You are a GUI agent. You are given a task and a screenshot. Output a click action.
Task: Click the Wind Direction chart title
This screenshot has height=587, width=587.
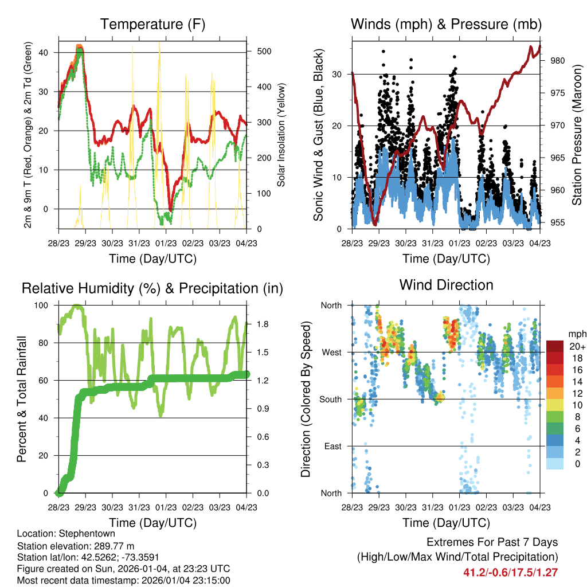click(x=446, y=285)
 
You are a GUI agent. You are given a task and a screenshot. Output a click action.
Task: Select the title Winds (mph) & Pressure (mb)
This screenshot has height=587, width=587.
click(x=446, y=25)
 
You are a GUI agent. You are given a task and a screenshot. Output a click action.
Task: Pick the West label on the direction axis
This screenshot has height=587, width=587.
click(x=331, y=352)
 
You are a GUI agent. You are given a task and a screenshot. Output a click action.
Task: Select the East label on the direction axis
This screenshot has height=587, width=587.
click(x=332, y=446)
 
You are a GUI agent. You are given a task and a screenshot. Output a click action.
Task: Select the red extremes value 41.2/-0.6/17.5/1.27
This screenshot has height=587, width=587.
click(x=510, y=572)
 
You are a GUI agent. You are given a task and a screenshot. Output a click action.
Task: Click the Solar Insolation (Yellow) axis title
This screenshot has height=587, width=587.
click(x=281, y=135)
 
